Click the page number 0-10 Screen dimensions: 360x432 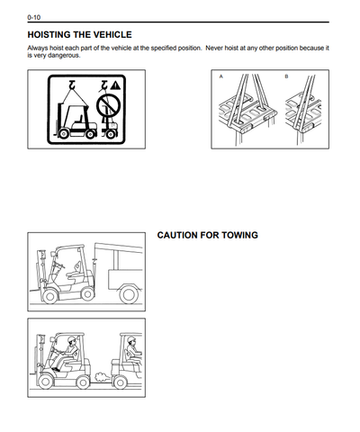[x=34, y=17]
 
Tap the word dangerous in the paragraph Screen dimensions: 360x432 [x=64, y=56]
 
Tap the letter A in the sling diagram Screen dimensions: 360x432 [x=221, y=76]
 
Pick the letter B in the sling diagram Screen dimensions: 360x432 [x=286, y=76]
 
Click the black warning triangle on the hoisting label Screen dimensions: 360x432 [x=115, y=85]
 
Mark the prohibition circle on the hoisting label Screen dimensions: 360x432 [x=108, y=106]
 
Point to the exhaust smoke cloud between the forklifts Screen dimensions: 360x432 [x=103, y=377]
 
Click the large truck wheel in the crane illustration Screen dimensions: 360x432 [x=129, y=294]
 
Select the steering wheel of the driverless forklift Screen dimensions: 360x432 [x=59, y=265]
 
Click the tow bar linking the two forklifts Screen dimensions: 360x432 [x=102, y=382]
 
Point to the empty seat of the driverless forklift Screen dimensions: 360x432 [x=75, y=272]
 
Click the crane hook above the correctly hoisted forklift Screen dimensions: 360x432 [x=72, y=85]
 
